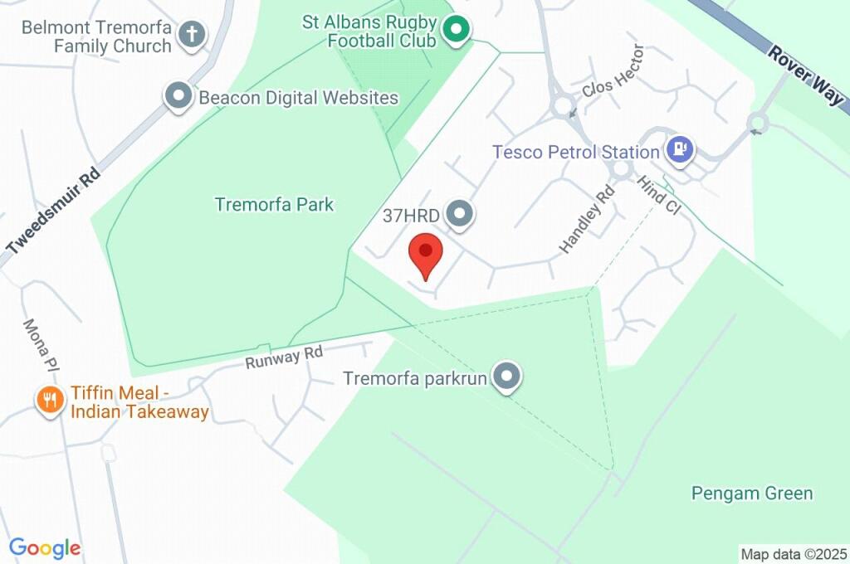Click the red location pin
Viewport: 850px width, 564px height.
426,254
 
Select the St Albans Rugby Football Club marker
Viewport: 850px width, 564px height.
455,32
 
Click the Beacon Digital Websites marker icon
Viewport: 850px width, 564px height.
178,97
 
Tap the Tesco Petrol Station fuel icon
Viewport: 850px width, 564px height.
679,151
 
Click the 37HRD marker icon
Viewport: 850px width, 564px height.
459,216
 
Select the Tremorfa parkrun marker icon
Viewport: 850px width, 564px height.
506,378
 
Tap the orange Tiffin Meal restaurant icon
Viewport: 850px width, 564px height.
51,401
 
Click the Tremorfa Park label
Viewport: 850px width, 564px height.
274,204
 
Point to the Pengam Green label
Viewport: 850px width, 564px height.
752,494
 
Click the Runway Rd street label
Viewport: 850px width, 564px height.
284,357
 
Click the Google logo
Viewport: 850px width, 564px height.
45,547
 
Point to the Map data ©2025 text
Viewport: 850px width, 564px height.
794,554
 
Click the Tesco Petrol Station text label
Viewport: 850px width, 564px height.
575,152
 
